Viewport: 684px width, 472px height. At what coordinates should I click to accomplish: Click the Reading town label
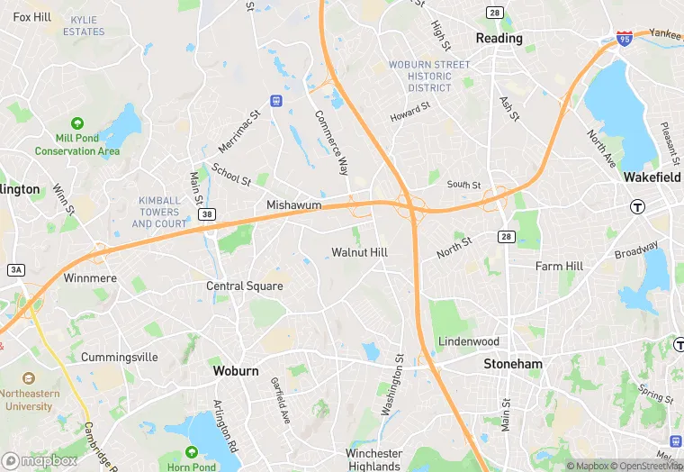[499, 39]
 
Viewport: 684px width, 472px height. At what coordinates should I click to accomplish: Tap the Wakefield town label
[651, 177]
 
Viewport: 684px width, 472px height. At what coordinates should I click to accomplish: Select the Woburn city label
[236, 370]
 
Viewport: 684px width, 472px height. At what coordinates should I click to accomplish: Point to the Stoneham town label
[513, 364]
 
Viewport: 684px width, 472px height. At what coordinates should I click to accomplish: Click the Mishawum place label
[293, 205]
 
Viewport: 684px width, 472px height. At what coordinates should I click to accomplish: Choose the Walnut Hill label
[359, 252]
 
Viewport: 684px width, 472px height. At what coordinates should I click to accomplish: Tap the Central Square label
[245, 286]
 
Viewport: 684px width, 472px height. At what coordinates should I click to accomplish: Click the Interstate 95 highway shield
[625, 39]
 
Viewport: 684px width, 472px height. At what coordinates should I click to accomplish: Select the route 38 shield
[207, 214]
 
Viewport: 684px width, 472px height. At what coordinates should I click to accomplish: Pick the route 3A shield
[15, 269]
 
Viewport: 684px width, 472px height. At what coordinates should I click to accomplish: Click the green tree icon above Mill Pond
[77, 123]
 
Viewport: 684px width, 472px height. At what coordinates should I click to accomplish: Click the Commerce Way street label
[331, 142]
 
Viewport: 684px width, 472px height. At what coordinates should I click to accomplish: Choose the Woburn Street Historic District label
[428, 76]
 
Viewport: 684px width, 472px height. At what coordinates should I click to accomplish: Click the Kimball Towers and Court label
[160, 212]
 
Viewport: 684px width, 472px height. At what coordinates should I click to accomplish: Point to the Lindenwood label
[468, 342]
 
